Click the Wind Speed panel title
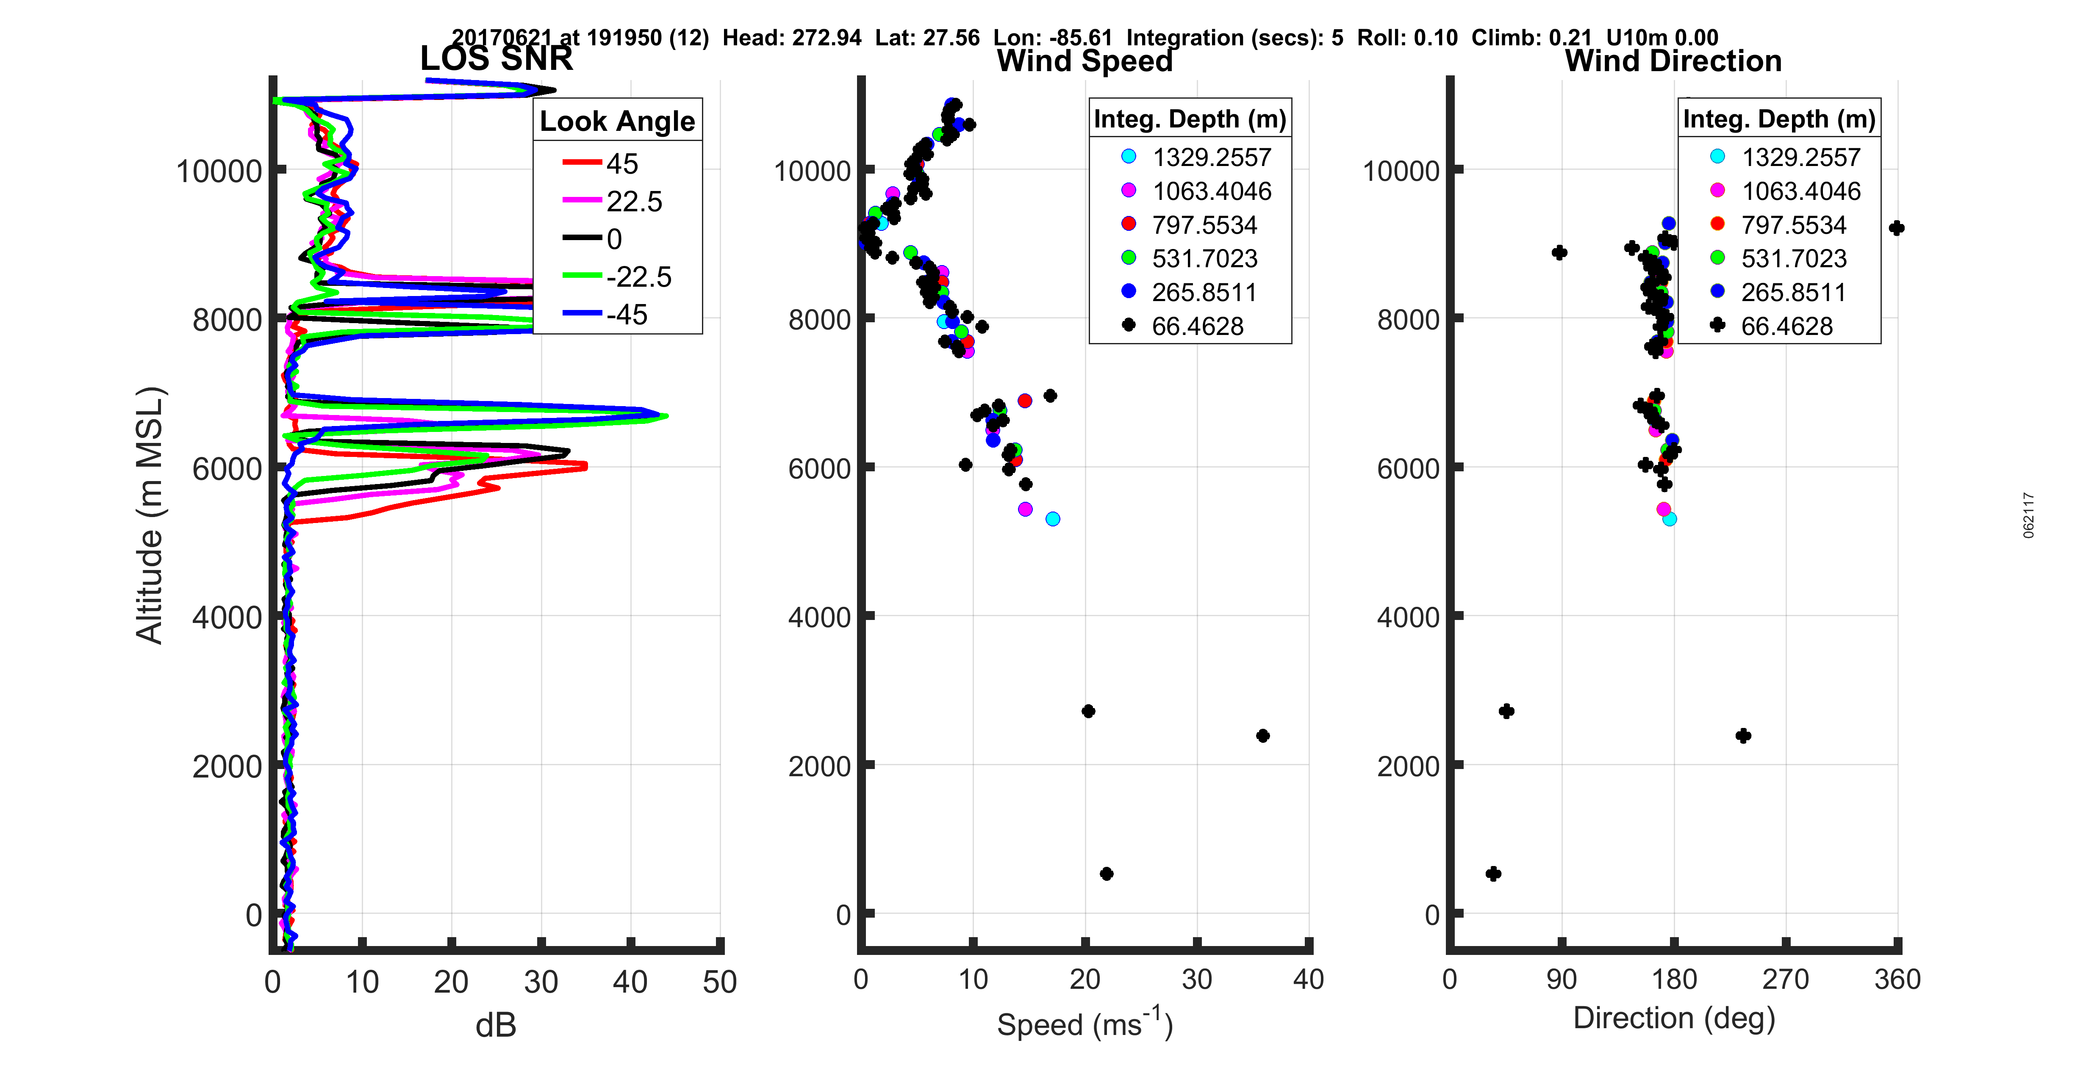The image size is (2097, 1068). click(1085, 61)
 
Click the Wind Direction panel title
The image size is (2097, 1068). click(1673, 61)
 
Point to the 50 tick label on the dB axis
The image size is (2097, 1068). click(720, 982)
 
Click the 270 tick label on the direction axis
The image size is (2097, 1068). click(1785, 979)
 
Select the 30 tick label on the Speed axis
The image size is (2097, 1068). click(1197, 979)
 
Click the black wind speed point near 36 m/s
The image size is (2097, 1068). click(1262, 736)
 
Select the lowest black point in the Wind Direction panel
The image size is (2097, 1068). click(1493, 874)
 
